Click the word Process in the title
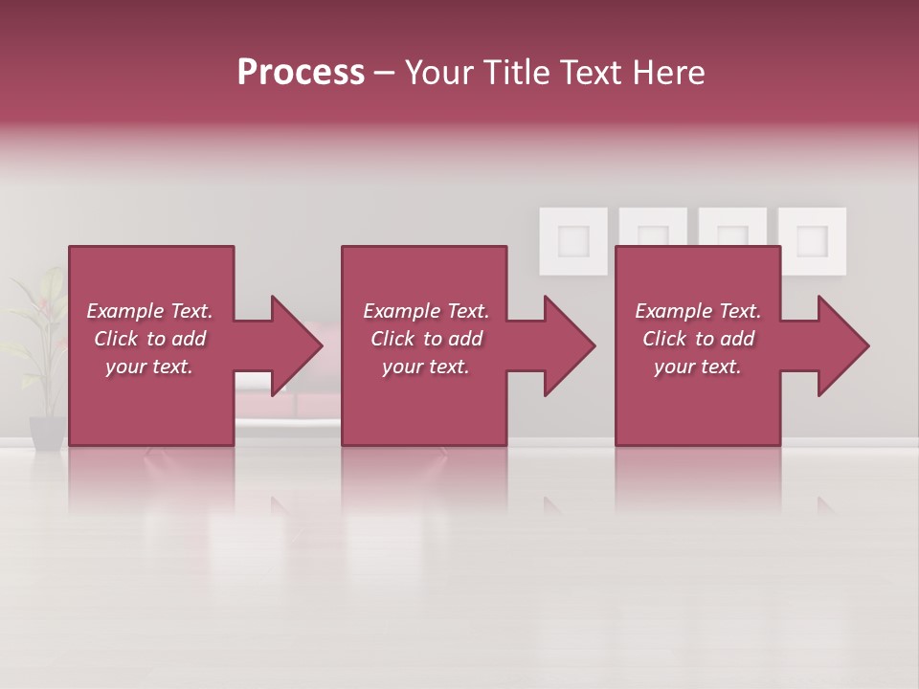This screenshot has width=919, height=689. [301, 73]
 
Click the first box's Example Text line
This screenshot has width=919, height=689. [149, 311]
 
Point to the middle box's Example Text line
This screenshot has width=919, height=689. [426, 311]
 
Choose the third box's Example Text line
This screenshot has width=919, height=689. [698, 311]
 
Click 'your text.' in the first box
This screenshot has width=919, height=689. [149, 367]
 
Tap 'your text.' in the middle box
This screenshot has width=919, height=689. [426, 367]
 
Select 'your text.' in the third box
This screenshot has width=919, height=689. [698, 367]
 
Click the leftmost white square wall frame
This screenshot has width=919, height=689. [573, 239]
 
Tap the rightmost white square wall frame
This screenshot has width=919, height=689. [812, 239]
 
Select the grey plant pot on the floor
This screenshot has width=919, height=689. [47, 432]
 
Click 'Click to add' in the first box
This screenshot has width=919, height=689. [149, 339]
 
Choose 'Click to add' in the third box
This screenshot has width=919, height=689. [698, 339]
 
